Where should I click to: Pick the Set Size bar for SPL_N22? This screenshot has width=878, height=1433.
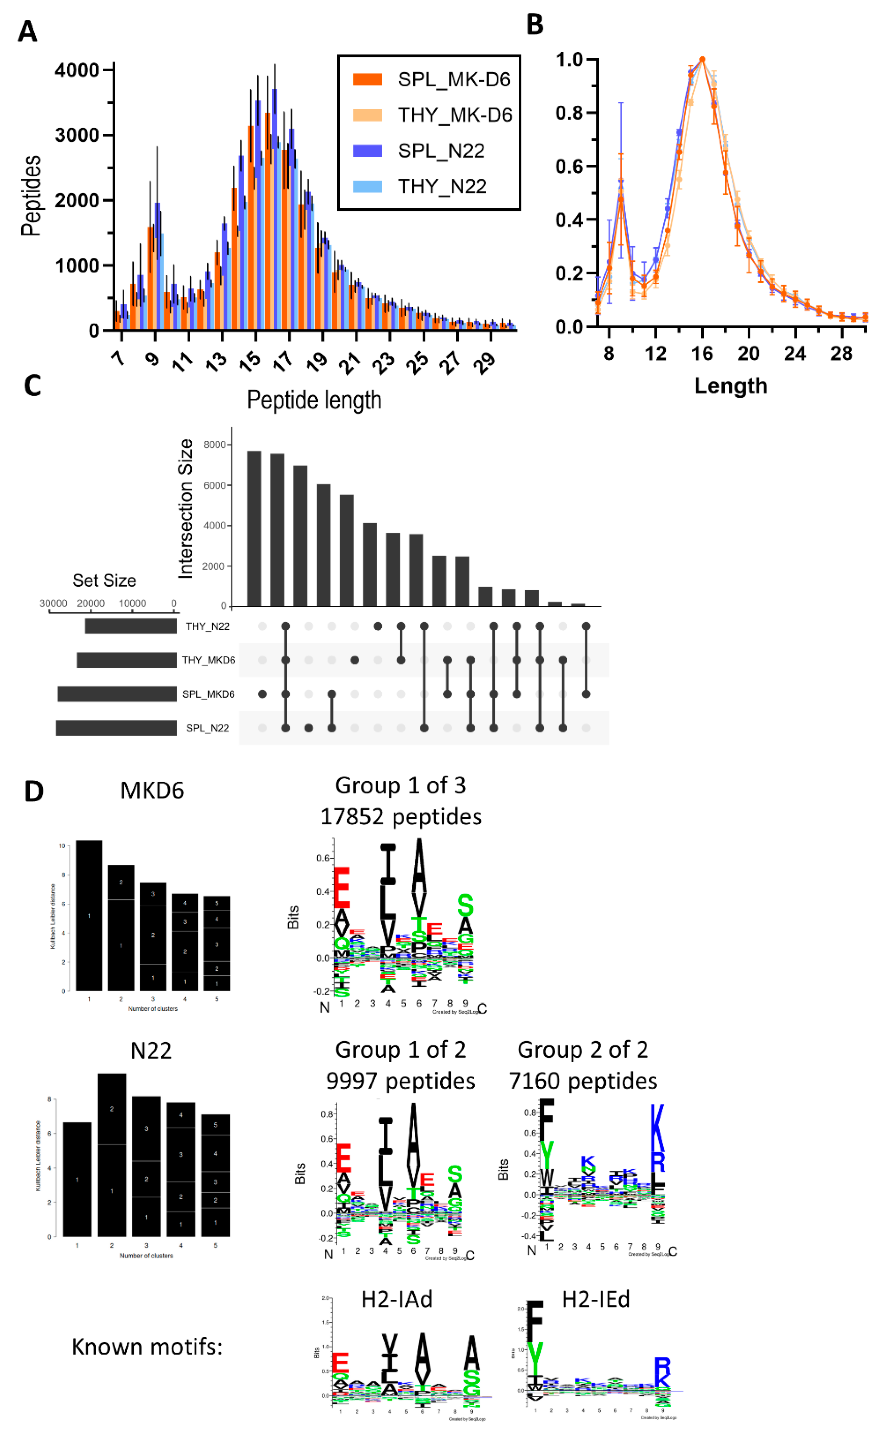[116, 728]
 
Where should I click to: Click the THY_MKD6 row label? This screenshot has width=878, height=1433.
[208, 660]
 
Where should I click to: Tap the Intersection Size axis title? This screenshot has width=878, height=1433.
[185, 509]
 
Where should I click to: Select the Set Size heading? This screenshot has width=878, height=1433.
[104, 581]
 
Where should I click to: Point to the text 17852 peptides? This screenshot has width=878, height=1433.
[401, 816]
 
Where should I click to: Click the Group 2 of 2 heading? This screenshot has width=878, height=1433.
[583, 1050]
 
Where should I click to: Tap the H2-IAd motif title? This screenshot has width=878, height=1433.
[397, 1299]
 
